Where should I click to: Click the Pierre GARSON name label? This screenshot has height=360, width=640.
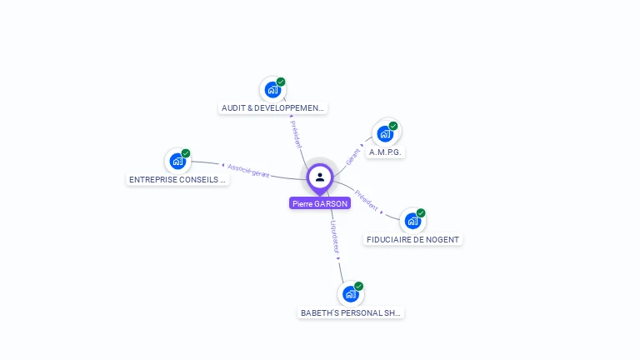tap(320, 203)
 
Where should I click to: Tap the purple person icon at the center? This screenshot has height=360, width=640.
tap(320, 177)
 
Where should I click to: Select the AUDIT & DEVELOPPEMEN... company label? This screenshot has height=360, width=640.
tap(273, 108)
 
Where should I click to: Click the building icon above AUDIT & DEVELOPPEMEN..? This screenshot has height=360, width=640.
tap(272, 89)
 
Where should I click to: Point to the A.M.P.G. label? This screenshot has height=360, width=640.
tap(386, 152)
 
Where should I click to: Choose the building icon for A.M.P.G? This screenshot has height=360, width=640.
tap(385, 133)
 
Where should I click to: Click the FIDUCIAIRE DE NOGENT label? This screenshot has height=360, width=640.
tap(413, 240)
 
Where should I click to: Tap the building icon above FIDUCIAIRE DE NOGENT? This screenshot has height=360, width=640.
tap(412, 221)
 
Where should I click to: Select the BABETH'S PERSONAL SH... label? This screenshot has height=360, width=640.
tap(351, 313)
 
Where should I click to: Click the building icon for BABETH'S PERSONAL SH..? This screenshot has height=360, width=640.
tap(351, 294)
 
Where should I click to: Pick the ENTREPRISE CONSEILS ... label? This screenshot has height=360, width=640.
tap(177, 180)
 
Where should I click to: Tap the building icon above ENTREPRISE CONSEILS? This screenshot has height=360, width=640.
tap(177, 161)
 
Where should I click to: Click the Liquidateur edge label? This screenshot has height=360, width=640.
tap(334, 237)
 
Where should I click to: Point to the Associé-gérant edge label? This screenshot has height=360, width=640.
tap(248, 171)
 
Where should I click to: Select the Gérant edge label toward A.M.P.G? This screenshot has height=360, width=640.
tap(353, 155)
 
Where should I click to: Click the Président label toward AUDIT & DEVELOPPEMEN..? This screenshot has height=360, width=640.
tap(297, 134)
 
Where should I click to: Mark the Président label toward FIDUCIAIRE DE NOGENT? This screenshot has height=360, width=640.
tap(366, 201)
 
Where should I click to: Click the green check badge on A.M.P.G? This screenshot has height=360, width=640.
tap(393, 126)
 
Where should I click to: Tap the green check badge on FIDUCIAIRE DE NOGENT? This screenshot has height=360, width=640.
tap(421, 213)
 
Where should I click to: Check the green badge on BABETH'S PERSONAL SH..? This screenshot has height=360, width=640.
tap(359, 287)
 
